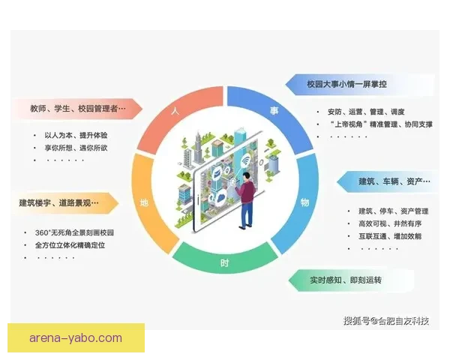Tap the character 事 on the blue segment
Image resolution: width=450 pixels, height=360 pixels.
point(274,111)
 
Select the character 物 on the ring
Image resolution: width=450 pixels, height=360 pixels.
point(304,202)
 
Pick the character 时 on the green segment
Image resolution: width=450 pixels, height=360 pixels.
point(225,264)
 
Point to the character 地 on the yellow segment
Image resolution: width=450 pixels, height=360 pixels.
point(145,202)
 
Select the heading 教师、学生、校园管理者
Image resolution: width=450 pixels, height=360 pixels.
point(78,109)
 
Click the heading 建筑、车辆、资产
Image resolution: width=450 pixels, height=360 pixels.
point(393,181)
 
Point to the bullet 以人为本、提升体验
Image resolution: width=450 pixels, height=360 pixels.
point(76,135)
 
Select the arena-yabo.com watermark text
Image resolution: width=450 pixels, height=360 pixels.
point(76,338)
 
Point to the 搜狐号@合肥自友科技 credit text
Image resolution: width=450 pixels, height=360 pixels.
point(386,321)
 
